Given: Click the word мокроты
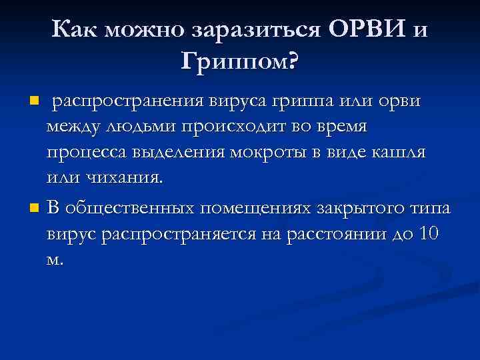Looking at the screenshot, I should click(262, 151).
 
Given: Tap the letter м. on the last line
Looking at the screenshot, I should click(55, 260).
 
